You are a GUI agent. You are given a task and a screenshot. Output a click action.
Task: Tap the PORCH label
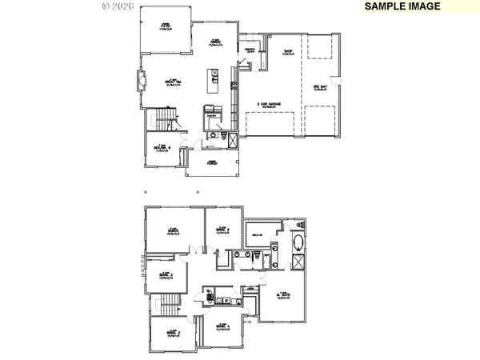coord(212,162)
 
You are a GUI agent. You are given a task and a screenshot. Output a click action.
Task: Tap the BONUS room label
coord(172,230)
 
